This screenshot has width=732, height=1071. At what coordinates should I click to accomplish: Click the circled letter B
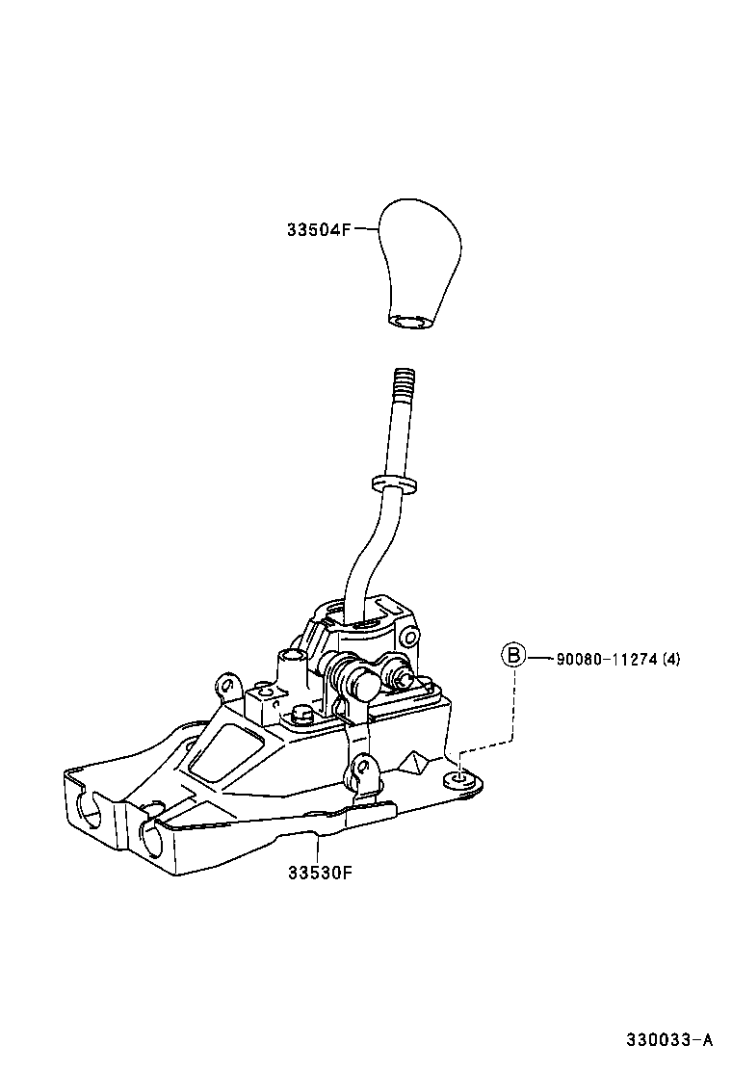click(x=513, y=657)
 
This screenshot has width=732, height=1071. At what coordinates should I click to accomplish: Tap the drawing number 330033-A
click(x=669, y=1040)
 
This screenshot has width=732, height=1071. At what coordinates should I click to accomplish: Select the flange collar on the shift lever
click(x=394, y=482)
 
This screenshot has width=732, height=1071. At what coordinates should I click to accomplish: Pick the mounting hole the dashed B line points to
click(x=460, y=777)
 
